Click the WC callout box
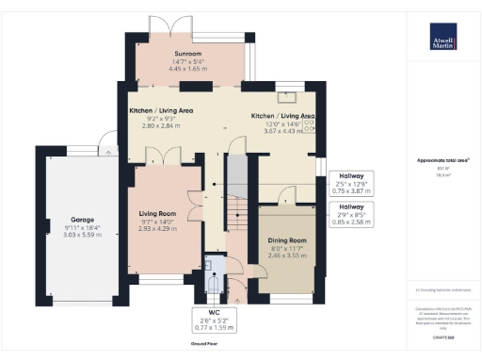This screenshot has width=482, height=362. click(213, 321)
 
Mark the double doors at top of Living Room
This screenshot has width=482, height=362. click(157, 161)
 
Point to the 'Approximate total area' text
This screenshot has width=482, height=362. click(442, 160)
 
